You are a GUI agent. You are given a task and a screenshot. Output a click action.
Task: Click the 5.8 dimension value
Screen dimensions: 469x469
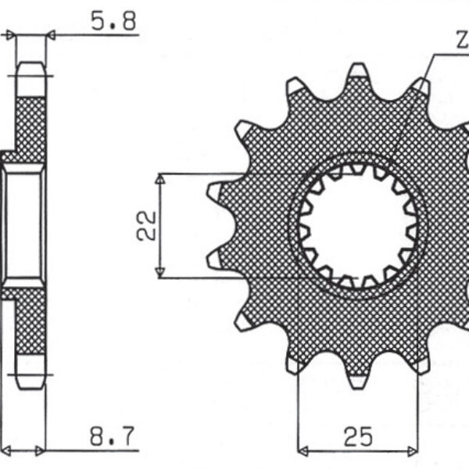tap(114, 22)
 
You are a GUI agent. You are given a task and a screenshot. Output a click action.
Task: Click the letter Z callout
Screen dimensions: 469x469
tap(461, 39)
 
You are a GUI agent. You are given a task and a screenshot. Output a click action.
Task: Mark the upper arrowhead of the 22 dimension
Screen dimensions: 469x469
tap(160, 180)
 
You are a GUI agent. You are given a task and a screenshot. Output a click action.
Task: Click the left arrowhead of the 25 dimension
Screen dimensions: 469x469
tap(303, 451)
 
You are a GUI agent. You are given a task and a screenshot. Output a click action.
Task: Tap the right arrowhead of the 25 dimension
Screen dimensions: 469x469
tap(414, 451)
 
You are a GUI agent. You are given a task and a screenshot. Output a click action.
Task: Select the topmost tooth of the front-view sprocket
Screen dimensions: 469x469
tap(357, 73)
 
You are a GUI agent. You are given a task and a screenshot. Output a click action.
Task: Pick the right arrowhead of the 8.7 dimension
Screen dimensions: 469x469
tap(41, 451)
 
